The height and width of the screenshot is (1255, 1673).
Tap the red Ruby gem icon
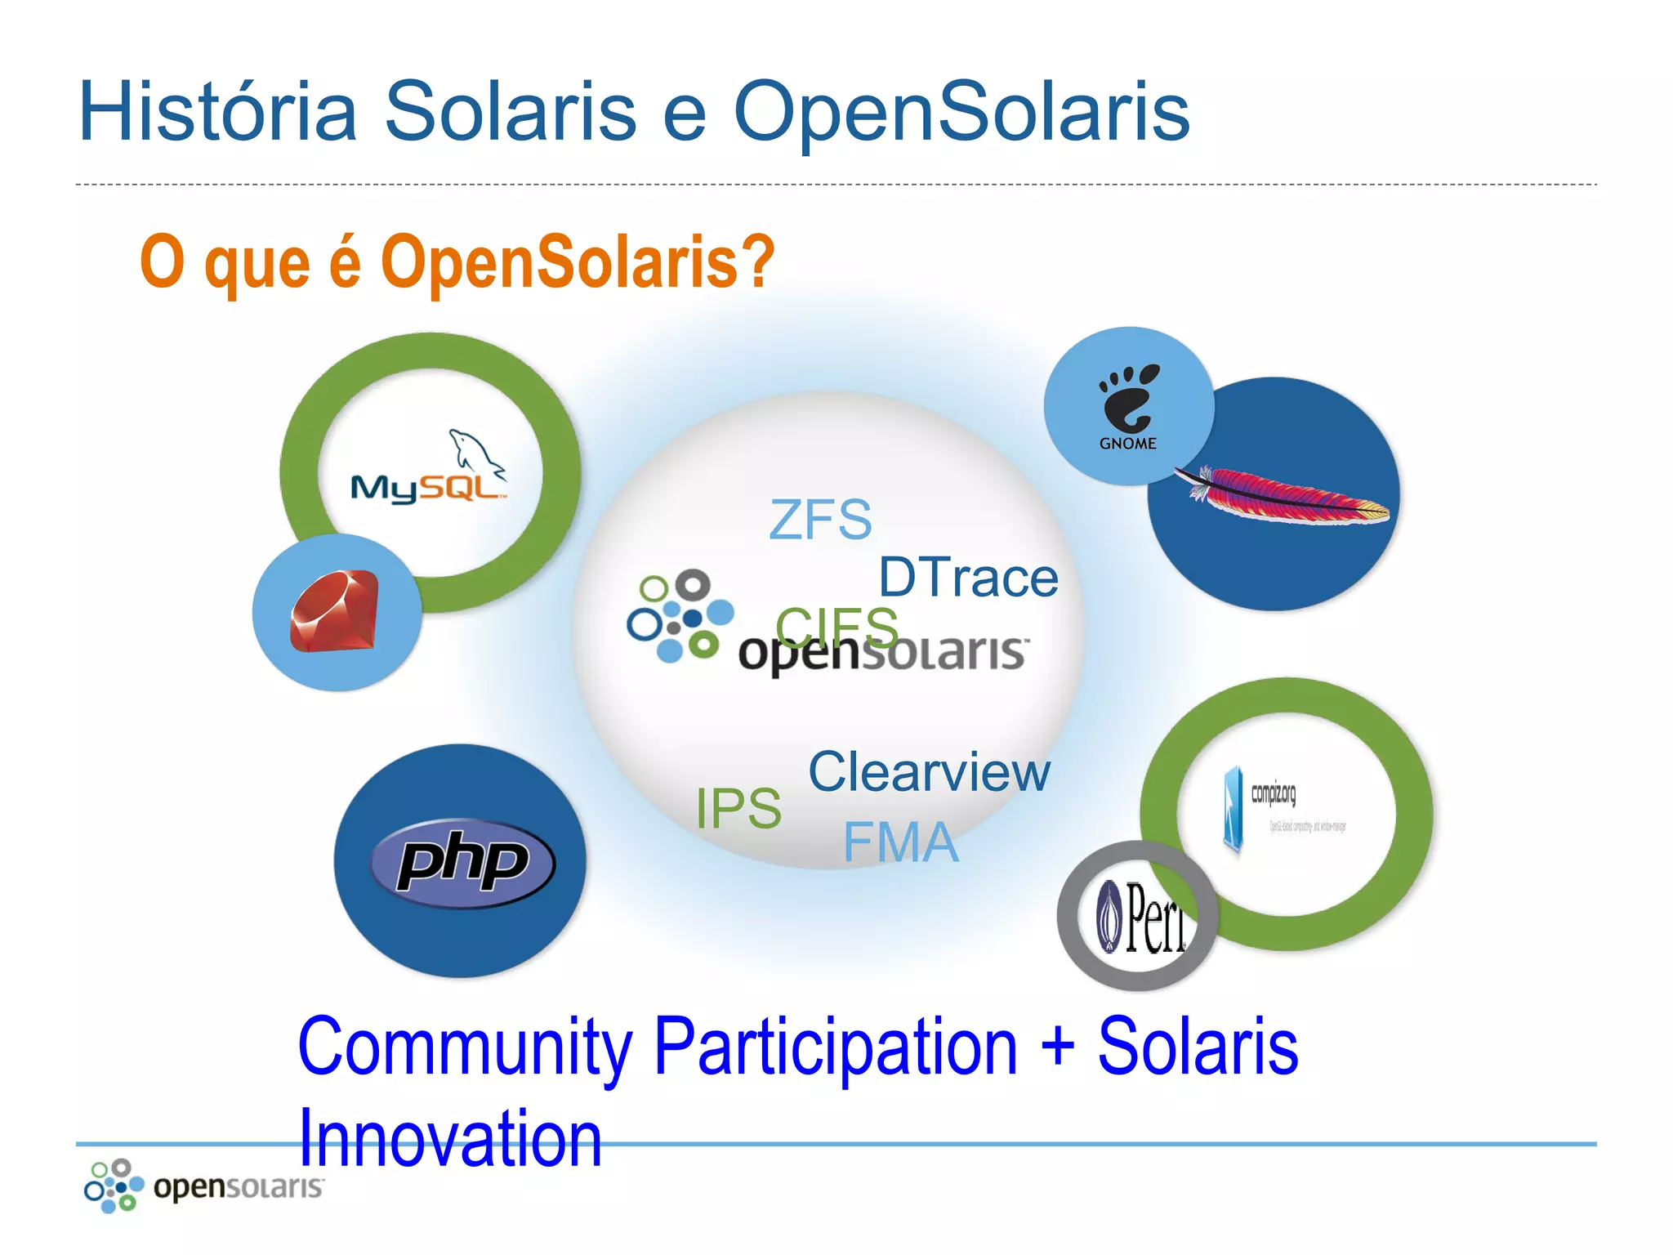tap(335, 611)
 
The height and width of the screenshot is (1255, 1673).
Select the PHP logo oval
tap(462, 863)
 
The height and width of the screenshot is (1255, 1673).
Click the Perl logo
tap(1144, 917)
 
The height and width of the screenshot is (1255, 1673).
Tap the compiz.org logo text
tap(1274, 793)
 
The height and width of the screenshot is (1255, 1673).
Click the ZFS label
tap(820, 520)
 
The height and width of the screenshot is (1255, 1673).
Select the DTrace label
tap(968, 578)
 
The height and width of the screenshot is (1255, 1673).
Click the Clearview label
tap(929, 771)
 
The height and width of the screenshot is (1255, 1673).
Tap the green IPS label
tap(738, 808)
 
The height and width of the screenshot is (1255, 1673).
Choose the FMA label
tap(900, 842)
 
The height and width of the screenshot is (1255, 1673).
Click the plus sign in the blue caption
tap(1058, 1046)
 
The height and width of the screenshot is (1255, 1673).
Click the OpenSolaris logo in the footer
tap(203, 1185)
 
